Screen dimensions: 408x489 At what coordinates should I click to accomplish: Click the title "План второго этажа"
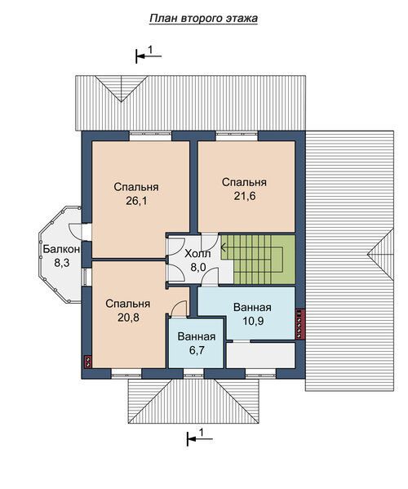pyautogui.click(x=203, y=19)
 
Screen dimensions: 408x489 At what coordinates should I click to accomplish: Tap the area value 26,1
pyautogui.click(x=136, y=201)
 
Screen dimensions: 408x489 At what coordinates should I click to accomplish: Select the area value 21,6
pyautogui.click(x=245, y=196)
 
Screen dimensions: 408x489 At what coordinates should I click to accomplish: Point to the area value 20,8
pyautogui.click(x=128, y=318)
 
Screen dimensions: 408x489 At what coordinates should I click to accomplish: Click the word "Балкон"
pyautogui.click(x=61, y=249)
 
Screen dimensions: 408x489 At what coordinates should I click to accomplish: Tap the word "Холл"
pyautogui.click(x=197, y=254)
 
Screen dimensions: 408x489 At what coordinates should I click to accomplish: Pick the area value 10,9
pyautogui.click(x=253, y=321)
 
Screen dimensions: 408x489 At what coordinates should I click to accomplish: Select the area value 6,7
pyautogui.click(x=197, y=350)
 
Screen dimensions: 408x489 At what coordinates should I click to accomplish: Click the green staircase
pyautogui.click(x=258, y=260)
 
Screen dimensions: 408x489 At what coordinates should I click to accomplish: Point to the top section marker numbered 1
pyautogui.click(x=149, y=55)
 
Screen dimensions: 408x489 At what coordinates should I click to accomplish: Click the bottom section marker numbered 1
pyautogui.click(x=200, y=438)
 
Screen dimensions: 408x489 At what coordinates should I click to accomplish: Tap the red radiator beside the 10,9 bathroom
pyautogui.click(x=299, y=324)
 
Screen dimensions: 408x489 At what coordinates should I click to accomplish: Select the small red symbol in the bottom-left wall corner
pyautogui.click(x=88, y=362)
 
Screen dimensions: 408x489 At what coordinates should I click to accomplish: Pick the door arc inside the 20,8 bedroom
pyautogui.click(x=180, y=309)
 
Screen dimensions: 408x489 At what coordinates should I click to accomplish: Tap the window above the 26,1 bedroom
pyautogui.click(x=150, y=135)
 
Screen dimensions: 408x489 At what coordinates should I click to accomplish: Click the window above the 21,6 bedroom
pyautogui.click(x=237, y=135)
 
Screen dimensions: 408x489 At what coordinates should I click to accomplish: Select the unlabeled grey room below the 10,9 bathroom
pyautogui.click(x=260, y=355)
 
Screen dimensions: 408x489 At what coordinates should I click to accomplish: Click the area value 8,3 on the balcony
pyautogui.click(x=62, y=263)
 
